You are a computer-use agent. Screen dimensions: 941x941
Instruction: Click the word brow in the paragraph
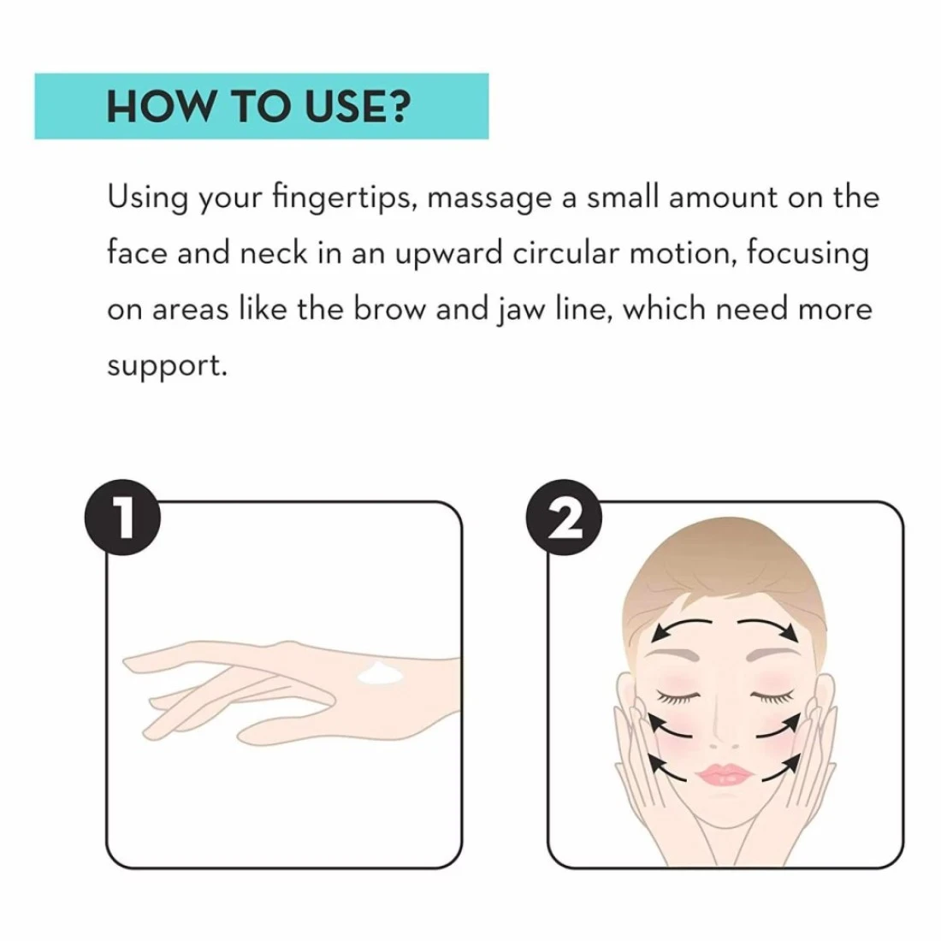click(x=390, y=309)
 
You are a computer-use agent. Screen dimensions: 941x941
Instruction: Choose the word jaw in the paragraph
click(x=521, y=311)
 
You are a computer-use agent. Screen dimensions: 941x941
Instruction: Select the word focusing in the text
click(x=808, y=254)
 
